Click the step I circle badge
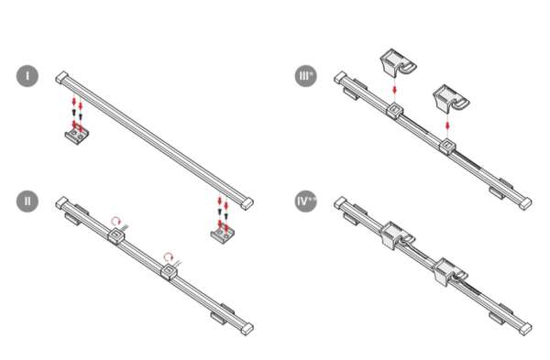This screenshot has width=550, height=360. tap(27, 76)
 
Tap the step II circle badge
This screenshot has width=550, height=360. tap(27, 202)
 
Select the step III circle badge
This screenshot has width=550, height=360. tap(306, 76)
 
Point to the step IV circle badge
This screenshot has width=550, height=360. tap(306, 202)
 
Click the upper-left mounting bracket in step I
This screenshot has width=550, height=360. tap(77, 136)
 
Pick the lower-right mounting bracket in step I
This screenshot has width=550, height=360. tap(223, 235)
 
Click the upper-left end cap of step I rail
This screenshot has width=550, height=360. tap(62, 77)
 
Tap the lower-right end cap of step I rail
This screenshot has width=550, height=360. tap(247, 203)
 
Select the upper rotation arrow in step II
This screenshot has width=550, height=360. tap(115, 221)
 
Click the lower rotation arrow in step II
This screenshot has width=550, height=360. tap(169, 256)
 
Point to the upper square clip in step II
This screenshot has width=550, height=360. tap(116, 235)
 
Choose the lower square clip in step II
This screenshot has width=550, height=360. tap(169, 272)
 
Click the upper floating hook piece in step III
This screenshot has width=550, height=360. tap(398, 62)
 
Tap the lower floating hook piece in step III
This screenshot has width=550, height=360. tap(451, 98)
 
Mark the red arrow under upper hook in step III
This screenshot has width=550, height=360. tap(395, 90)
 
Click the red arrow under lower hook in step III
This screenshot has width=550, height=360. tap(447, 125)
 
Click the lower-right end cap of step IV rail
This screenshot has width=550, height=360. tap(525, 329)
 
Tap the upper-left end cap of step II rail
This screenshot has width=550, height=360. tap(62, 202)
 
